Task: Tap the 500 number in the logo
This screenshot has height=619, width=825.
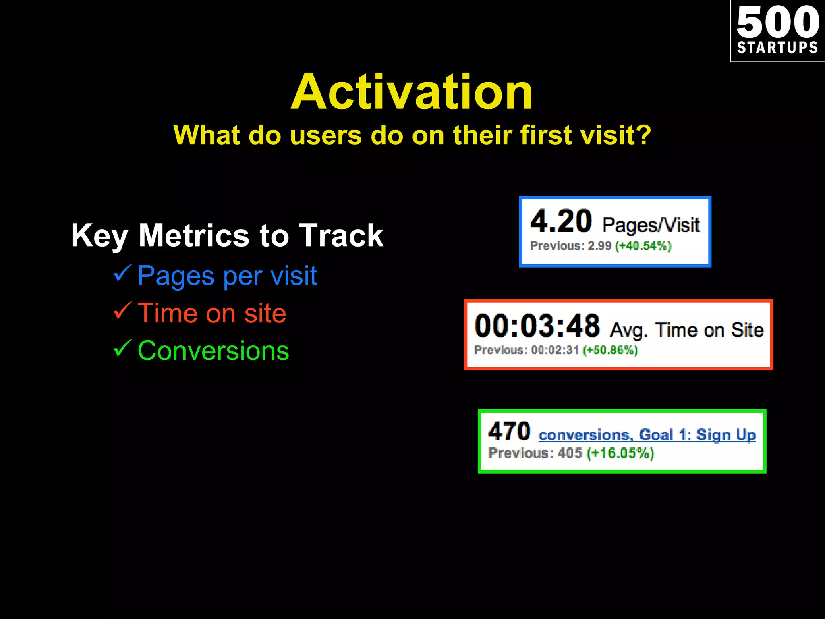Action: tap(777, 22)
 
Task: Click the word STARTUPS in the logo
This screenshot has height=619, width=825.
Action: tap(777, 48)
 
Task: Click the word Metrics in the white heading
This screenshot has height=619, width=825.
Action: tap(194, 235)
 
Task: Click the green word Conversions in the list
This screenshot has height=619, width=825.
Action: tap(213, 351)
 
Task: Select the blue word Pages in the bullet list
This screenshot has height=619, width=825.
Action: tap(176, 276)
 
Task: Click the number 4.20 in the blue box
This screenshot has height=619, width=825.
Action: tap(561, 222)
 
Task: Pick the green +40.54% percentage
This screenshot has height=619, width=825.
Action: tap(643, 246)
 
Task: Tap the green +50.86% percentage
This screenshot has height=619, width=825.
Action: tap(610, 350)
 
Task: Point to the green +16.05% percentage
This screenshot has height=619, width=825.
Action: tap(620, 453)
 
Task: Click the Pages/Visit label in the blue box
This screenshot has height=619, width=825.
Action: tap(651, 225)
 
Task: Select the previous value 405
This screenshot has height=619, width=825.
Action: tap(570, 453)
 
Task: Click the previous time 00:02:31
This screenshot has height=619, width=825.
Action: tap(555, 350)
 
